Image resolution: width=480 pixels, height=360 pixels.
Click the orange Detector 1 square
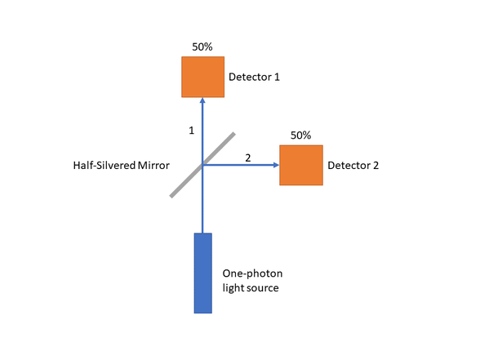[x=203, y=77]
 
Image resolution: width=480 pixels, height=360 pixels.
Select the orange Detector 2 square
[x=301, y=165]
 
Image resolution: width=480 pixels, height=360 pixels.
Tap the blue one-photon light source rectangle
[x=203, y=273]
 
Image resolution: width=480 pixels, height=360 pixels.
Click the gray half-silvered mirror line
[x=202, y=165]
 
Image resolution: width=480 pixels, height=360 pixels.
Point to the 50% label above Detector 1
[x=202, y=47]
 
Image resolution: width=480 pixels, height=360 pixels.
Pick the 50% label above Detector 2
[x=300, y=136]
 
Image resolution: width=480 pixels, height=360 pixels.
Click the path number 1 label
[x=192, y=131]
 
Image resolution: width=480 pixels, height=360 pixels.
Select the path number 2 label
[x=248, y=158]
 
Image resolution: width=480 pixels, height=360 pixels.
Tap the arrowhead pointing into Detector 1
[x=202, y=100]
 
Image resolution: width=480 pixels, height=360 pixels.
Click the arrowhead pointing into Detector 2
[x=276, y=165]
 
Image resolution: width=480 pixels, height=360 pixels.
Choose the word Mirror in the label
[x=153, y=165]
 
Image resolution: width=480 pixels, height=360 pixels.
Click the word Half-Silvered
[x=104, y=165]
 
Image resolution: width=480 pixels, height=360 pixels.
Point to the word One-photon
[x=252, y=273]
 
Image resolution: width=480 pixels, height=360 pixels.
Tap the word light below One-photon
[x=232, y=288]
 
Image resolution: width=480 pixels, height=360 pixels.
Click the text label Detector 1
[x=254, y=77]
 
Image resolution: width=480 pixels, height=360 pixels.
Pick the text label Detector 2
[x=353, y=165]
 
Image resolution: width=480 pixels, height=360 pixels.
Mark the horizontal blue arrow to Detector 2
[x=241, y=165]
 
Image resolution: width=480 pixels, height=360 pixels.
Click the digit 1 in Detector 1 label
[x=277, y=77]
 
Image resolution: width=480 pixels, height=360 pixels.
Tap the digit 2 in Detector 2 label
[x=376, y=165]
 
